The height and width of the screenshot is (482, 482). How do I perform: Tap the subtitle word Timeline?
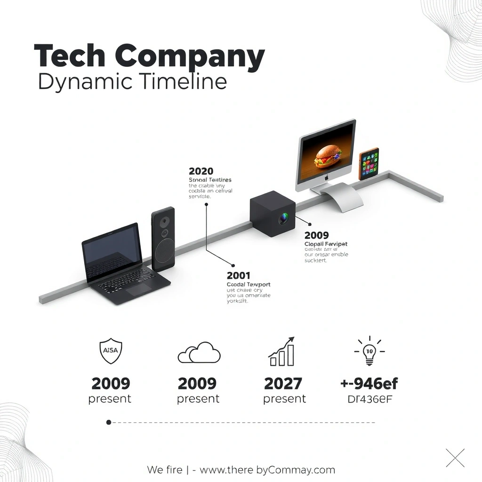click(184, 81)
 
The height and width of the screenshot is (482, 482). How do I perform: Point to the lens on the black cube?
click(283, 218)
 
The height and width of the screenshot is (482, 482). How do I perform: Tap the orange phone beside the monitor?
click(369, 164)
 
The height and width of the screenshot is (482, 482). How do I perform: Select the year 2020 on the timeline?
click(201, 171)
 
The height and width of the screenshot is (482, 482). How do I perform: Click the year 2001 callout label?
click(239, 275)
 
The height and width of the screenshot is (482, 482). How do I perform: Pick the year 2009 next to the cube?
click(317, 235)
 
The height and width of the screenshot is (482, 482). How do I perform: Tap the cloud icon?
click(199, 353)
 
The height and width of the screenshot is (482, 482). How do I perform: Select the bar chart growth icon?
click(282, 352)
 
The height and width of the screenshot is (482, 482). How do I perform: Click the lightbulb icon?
click(370, 351)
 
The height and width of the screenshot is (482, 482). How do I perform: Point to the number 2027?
click(283, 384)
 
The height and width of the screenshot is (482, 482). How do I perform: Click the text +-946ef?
click(369, 384)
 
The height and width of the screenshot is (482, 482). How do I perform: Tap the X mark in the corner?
click(455, 458)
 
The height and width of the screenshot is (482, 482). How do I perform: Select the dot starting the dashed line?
click(109, 422)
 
